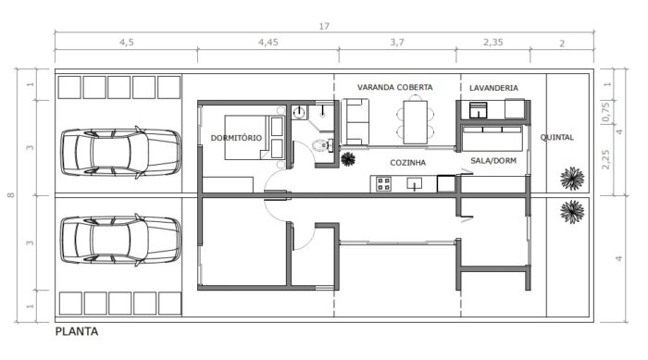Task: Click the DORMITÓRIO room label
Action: point(237,138)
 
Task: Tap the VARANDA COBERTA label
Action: point(395,87)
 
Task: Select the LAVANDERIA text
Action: point(493,88)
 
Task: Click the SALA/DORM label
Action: point(493,160)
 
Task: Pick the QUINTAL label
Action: point(557,138)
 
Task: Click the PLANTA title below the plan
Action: point(76,330)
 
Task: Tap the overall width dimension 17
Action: point(324,27)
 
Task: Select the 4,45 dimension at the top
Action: point(268,43)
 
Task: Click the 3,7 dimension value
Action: point(397,43)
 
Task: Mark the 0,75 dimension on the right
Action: point(606,118)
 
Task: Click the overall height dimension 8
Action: point(10,195)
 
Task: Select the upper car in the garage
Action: point(119,150)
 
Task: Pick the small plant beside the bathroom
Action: point(349,158)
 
